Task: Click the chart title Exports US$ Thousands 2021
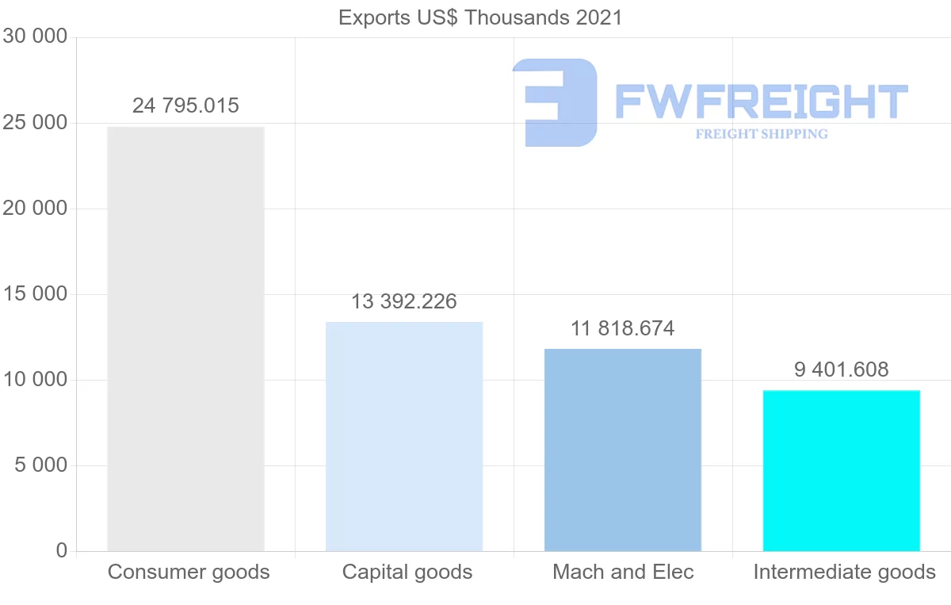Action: tap(480, 17)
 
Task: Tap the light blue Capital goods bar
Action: tap(404, 436)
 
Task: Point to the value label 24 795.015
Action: tap(185, 105)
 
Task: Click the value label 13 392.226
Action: tap(404, 301)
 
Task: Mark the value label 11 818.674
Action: tap(623, 328)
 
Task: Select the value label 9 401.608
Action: tap(841, 370)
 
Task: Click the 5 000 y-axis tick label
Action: tap(40, 465)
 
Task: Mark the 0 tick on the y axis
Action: tap(62, 551)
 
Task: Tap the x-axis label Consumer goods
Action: tap(189, 572)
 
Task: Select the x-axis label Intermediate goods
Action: tap(844, 572)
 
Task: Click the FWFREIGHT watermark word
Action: tap(761, 101)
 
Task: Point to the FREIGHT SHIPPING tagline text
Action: tap(762, 134)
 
